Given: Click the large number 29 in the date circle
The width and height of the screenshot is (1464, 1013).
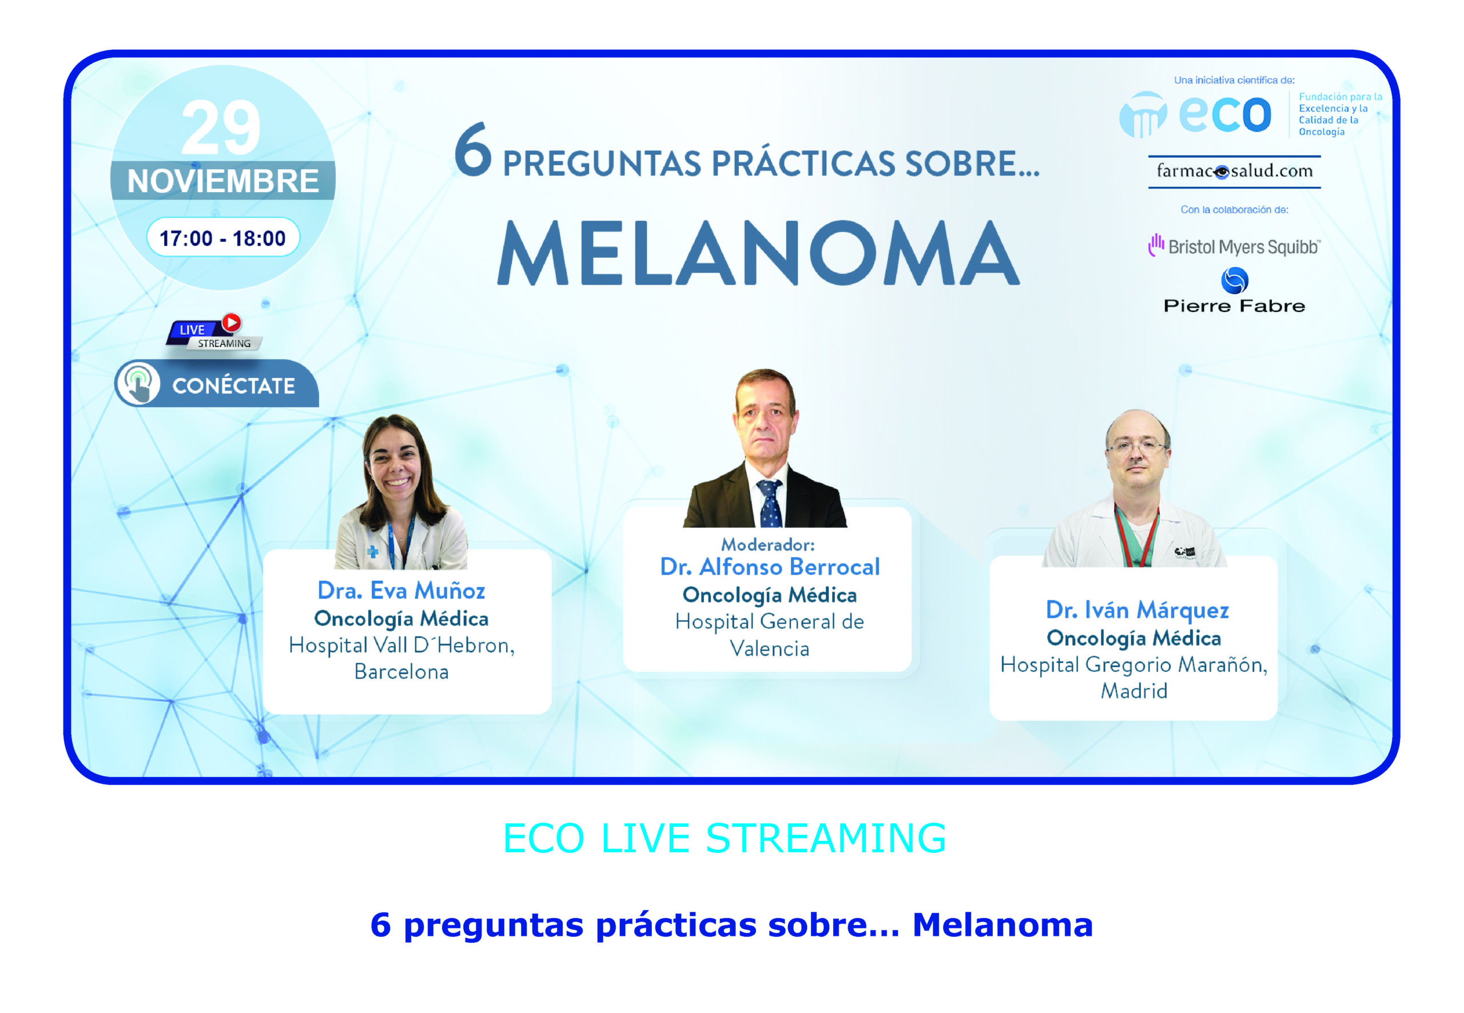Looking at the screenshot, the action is point(220,127).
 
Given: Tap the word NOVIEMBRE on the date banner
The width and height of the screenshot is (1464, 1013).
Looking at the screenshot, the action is point(223,181).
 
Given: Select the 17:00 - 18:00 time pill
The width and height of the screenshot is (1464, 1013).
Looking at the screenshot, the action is point(223,238).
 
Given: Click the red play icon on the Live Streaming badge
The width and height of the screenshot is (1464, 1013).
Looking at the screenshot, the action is point(232,322).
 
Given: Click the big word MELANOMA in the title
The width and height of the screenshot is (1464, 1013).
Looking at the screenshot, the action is point(758,253).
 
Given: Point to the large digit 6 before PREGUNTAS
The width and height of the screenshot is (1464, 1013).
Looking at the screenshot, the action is point(474,150).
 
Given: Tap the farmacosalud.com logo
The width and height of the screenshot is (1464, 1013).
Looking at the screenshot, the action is point(1234,172).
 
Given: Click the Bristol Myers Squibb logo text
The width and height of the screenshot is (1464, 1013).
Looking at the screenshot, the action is point(1244,247).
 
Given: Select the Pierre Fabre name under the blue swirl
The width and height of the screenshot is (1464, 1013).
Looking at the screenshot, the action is point(1234,306).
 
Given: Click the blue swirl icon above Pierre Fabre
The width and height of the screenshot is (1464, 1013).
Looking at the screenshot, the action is point(1235,281).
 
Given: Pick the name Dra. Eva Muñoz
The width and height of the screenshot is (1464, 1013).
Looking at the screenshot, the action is point(401,591).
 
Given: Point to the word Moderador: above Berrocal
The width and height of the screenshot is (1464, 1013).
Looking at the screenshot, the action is point(767,545).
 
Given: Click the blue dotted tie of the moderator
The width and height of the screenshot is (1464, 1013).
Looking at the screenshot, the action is point(770,502).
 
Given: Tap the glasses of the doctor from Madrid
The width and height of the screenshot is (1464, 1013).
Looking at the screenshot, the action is point(1136,448).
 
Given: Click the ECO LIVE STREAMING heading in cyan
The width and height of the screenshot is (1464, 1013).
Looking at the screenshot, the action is point(725,838).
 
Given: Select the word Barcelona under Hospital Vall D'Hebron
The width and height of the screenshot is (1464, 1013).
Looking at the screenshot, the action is point(401,672).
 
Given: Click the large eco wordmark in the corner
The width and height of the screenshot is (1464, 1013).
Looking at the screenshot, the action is point(1224,114).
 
